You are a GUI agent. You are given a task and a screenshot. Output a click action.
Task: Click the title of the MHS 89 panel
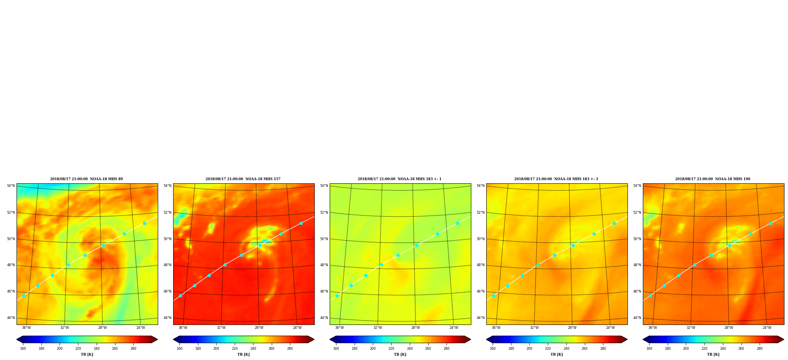point(86,179)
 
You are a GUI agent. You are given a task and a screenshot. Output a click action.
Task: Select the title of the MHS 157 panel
point(243,179)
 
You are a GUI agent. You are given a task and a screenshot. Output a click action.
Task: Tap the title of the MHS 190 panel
point(713,179)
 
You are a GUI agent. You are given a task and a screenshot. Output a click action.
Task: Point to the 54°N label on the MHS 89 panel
point(11,186)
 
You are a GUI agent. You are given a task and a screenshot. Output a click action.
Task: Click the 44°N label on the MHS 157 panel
point(168,318)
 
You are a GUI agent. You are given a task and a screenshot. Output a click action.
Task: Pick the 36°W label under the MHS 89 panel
point(26,328)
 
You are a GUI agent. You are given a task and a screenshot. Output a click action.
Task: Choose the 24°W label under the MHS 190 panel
point(767,328)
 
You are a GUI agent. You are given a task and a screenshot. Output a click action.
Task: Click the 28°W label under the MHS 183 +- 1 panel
point(416,328)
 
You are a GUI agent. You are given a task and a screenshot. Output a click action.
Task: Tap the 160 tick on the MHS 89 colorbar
point(23,349)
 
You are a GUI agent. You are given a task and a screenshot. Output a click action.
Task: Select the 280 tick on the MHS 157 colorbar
point(290,349)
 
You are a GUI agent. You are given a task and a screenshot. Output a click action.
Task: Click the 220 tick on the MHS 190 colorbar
point(704,349)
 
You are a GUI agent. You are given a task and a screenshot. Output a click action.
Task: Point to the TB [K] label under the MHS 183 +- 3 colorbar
point(557,354)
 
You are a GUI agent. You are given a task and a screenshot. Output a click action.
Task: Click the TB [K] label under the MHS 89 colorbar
point(87,354)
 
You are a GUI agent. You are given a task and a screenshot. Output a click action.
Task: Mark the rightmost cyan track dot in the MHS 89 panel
point(144,223)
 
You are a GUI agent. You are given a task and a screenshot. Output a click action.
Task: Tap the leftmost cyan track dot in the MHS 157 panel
point(180,296)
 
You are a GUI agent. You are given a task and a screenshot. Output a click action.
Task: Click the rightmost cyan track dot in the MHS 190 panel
point(771,223)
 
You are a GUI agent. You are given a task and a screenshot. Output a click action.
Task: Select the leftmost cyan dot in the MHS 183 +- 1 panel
point(337,296)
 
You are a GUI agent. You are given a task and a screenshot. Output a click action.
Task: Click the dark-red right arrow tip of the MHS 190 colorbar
point(784,339)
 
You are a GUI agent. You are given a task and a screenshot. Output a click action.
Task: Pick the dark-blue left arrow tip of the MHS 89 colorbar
point(17,339)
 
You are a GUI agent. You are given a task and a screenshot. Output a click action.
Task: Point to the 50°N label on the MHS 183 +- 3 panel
point(481,239)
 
